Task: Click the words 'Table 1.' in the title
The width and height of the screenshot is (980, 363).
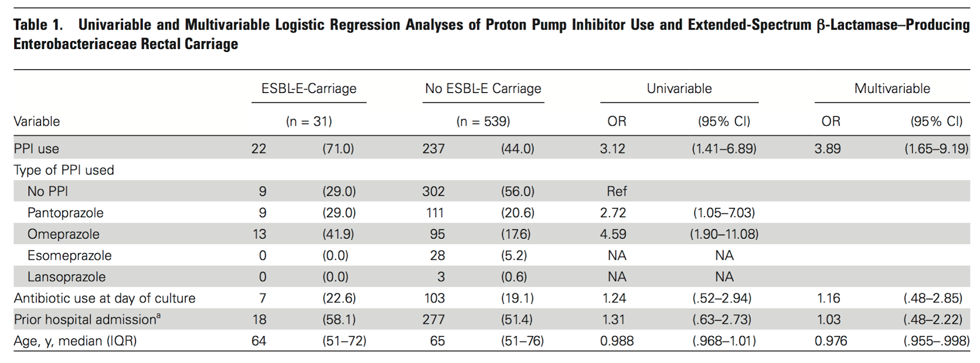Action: coord(38,25)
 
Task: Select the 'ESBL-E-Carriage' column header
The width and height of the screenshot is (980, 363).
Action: coord(309,89)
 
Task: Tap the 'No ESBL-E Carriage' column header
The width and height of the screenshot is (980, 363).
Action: coord(483,89)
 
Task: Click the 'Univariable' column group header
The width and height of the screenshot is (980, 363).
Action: coord(679,89)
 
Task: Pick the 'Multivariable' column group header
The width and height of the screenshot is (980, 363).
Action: coord(892,89)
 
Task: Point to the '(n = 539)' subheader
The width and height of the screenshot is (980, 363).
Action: coord(483,121)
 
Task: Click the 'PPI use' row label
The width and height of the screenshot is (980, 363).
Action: coord(37,149)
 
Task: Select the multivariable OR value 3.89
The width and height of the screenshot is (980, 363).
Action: coord(827,149)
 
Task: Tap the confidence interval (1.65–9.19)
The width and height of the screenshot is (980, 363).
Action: coord(936,149)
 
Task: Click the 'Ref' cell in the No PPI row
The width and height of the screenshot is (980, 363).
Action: coord(617,192)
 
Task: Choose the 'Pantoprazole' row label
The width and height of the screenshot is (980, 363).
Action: coord(66,213)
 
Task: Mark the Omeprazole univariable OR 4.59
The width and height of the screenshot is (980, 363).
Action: coord(612,234)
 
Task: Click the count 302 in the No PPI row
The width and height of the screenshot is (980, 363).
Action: coord(433,192)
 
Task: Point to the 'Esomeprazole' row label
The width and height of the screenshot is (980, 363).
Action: coord(69,256)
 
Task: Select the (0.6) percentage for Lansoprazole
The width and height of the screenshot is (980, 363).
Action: coord(514,277)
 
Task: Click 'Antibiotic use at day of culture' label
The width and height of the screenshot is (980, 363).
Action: coord(105,298)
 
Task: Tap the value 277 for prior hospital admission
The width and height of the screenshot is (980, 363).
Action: coord(433,320)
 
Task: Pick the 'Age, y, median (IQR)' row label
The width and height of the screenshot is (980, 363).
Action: coord(75,341)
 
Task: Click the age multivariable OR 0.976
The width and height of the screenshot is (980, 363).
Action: coord(831,341)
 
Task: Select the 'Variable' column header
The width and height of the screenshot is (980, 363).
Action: coord(37,121)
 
